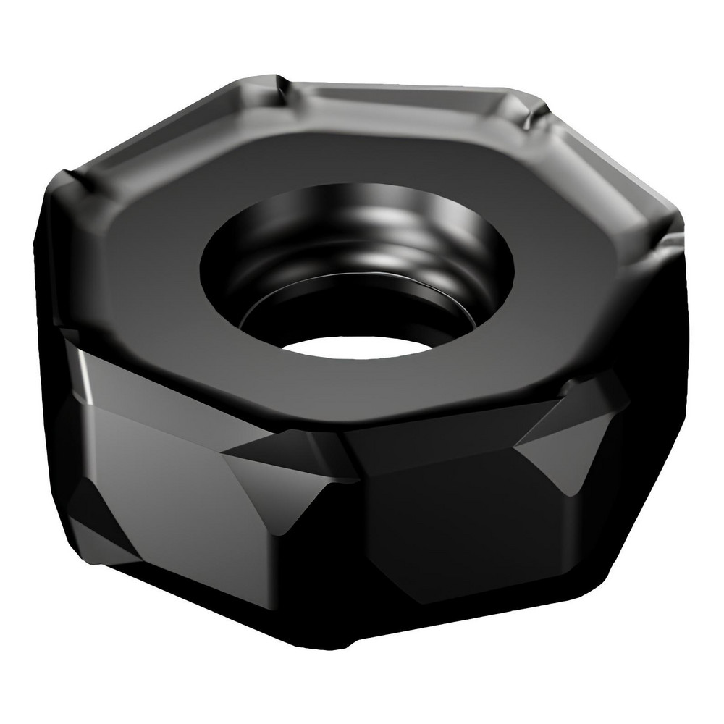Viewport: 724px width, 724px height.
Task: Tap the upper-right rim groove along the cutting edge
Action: click(601, 167)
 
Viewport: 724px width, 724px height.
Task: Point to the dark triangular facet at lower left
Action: click(101, 521)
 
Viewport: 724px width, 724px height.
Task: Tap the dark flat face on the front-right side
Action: click(449, 529)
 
